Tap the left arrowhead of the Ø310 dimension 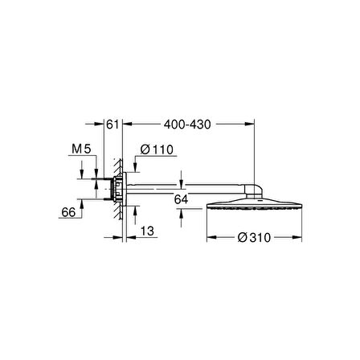pos(211,239)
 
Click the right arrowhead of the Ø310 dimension pos(301,239)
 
